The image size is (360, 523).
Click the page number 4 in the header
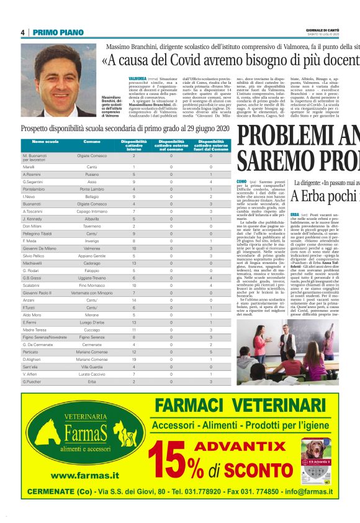pyautogui.click(x=22, y=32)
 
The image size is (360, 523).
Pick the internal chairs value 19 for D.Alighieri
pyautogui.click(x=133, y=359)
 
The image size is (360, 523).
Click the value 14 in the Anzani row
pyautogui.click(x=133, y=301)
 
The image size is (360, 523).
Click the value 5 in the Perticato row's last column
pyautogui.click(x=211, y=352)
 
